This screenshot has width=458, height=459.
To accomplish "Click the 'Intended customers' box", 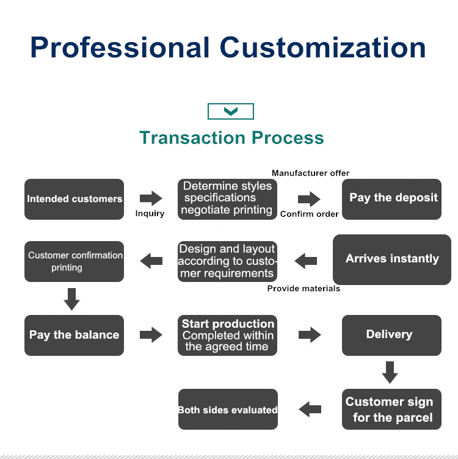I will click(x=74, y=199).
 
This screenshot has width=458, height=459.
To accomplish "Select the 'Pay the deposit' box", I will click(x=391, y=199).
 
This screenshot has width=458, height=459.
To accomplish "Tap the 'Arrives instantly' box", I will click(x=391, y=259).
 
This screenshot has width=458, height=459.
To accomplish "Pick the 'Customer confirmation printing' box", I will click(x=74, y=262).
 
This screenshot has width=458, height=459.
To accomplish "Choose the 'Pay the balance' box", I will click(x=74, y=335).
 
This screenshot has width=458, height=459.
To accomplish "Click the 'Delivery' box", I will click(x=391, y=335).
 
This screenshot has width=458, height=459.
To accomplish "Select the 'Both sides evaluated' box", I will click(x=228, y=410).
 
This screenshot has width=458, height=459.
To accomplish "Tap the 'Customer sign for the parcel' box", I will click(x=391, y=410).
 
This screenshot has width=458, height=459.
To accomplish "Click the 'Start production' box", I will click(x=228, y=335).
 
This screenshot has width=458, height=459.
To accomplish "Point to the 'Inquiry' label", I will click(x=150, y=214).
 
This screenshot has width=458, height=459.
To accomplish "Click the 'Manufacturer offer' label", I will click(x=311, y=173).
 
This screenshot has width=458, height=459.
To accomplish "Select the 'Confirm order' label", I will click(x=310, y=214).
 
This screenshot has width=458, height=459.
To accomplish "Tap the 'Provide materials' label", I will click(x=304, y=288).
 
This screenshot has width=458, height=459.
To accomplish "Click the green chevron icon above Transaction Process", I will click(x=231, y=112).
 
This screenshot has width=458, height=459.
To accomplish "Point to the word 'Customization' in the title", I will click(x=323, y=48).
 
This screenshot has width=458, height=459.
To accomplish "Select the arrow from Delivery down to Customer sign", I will click(x=390, y=372).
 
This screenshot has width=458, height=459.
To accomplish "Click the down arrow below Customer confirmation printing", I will click(x=72, y=299).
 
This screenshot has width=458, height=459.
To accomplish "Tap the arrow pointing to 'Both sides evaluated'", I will click(x=310, y=409).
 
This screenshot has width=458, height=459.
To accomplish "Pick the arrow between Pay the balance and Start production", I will click(x=151, y=334).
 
